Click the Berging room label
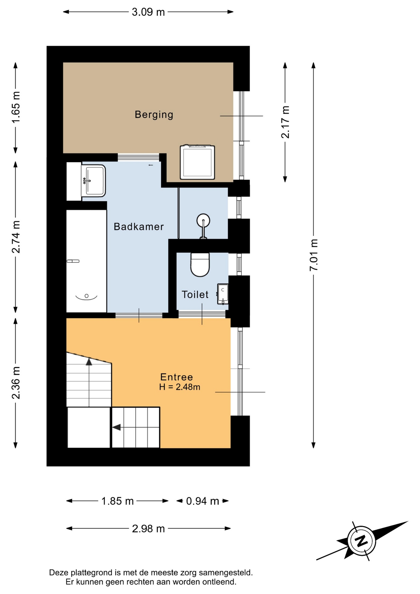pos(154,115)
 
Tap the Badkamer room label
pos(139,226)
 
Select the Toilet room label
pos(195,295)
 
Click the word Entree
pos(177,377)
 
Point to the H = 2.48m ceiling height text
pos(180,387)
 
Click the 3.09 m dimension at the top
pos(148,12)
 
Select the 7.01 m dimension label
pos(314,255)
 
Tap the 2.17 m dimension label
pos(285,122)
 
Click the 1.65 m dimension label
pos(16,107)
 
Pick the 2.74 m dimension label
pos(16,237)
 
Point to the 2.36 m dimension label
pos(16,383)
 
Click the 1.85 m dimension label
pos(118,501)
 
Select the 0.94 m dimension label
pos(203,501)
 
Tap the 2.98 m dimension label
pos(148,529)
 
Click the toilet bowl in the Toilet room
pos(200,265)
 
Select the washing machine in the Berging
pos(197,162)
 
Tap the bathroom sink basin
pos(93,181)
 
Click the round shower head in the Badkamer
pos(203,221)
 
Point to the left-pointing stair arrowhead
pos(116,427)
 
